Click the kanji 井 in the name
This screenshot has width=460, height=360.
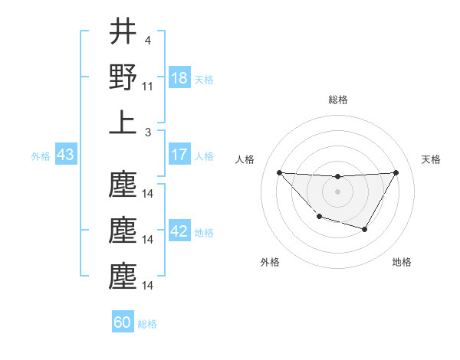coord(123,32)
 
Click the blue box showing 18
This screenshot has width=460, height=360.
coord(179,79)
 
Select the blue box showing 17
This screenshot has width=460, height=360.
coord(179,155)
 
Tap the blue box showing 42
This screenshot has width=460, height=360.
coord(179,232)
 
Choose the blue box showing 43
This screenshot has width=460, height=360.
coord(65,155)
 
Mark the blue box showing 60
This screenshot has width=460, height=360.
coord(123,322)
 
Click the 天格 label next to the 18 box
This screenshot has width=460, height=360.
coord(204,80)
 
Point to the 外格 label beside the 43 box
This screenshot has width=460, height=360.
coord(41,156)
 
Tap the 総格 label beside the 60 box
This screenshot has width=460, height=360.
coord(147,324)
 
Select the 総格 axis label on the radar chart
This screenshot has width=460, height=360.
coord(337,100)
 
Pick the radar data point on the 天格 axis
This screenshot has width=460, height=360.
coord(396,172)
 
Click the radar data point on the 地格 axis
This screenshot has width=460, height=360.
coord(365,229)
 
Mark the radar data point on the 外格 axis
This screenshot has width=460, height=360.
coord(319,218)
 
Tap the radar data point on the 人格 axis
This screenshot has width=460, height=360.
coord(279,172)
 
